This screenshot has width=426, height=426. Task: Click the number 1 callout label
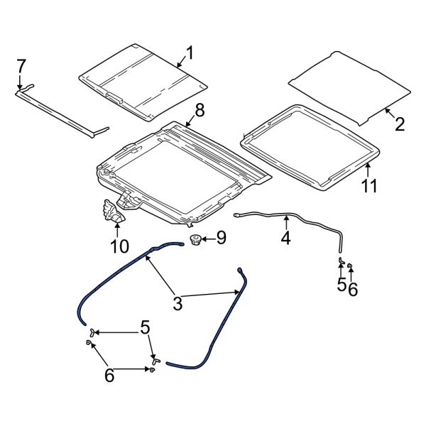[x=190, y=53]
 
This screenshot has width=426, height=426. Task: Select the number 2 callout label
[x=400, y=124]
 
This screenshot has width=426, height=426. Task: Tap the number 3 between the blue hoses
[x=177, y=303]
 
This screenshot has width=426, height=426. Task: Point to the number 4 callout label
[x=285, y=239]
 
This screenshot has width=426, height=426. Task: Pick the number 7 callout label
[x=21, y=66]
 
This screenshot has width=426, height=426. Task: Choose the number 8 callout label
[x=199, y=110]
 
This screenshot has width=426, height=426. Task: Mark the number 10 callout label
[x=119, y=246]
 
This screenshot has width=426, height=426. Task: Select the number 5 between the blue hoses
[x=145, y=327]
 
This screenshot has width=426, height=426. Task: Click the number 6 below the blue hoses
[x=109, y=375]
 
